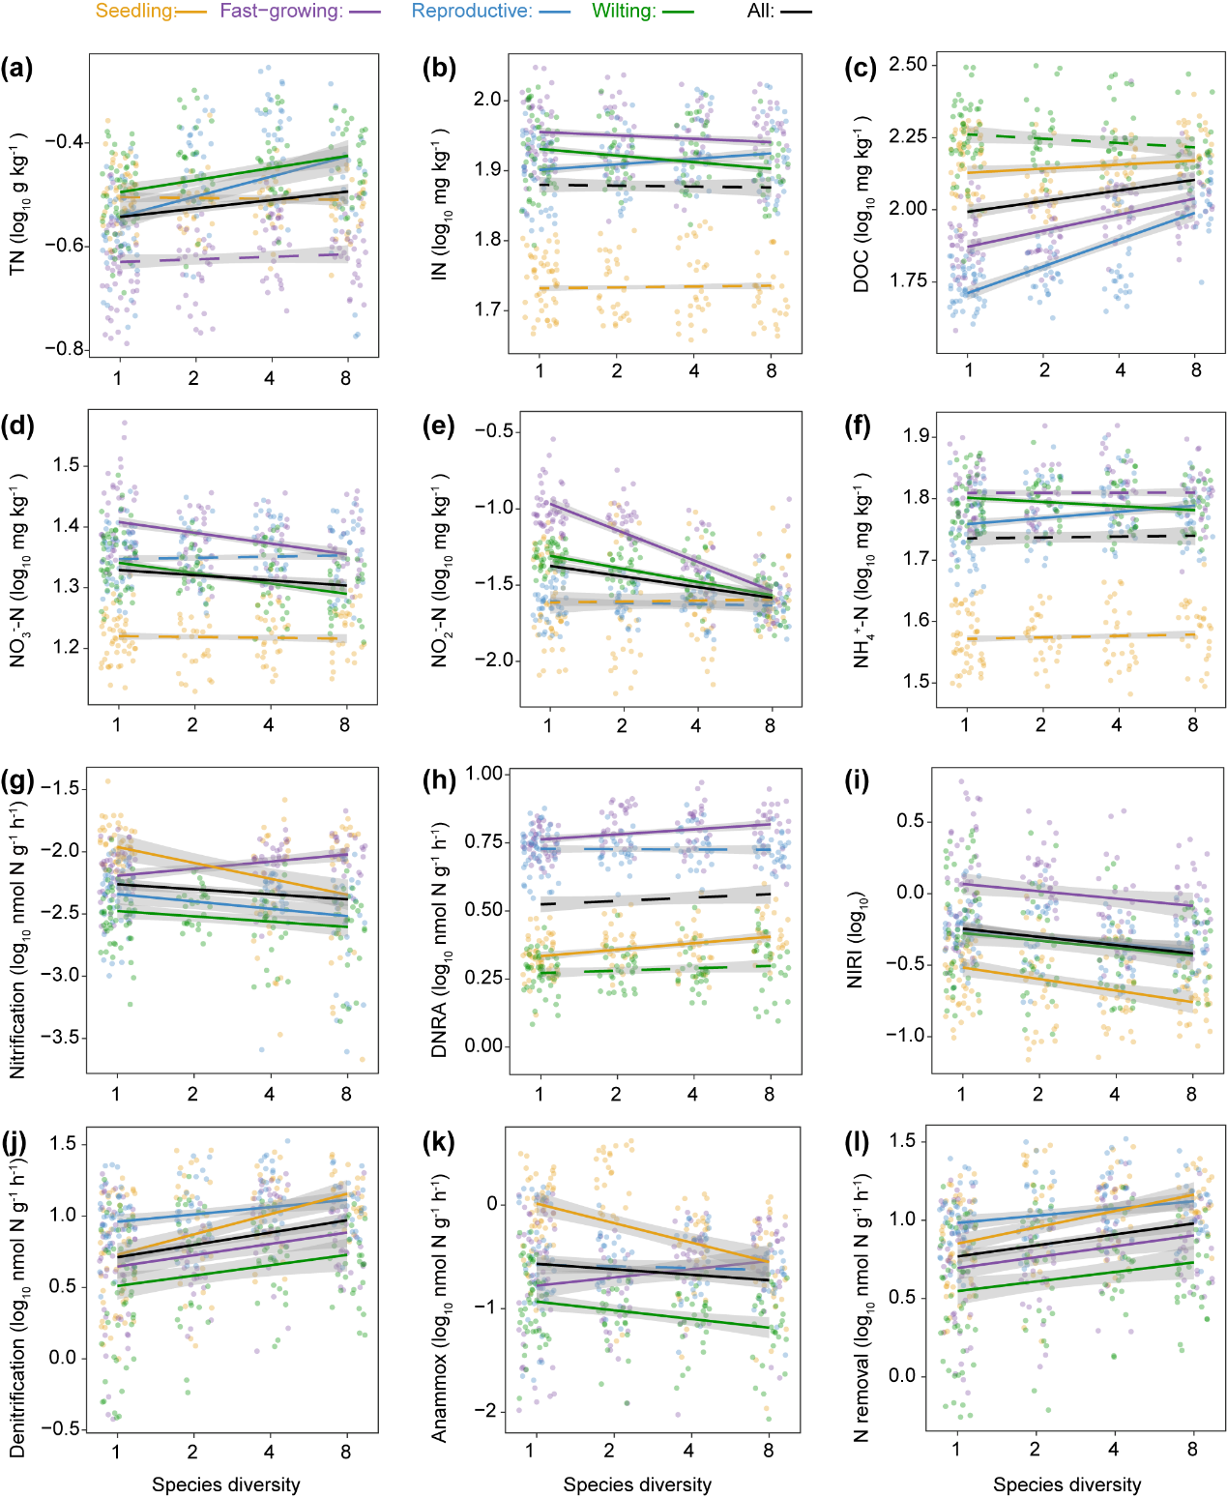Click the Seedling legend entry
135,12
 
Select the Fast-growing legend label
280,12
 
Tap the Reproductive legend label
472,12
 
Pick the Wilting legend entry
624,12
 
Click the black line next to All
798,13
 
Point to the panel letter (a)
16,69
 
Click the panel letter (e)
439,426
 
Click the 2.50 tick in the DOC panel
907,65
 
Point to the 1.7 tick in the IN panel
488,310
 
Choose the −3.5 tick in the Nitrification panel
61,1038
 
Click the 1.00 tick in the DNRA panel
484,774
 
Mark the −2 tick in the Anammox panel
490,1411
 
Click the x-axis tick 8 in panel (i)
1191,1094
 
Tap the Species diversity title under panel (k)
637,1484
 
